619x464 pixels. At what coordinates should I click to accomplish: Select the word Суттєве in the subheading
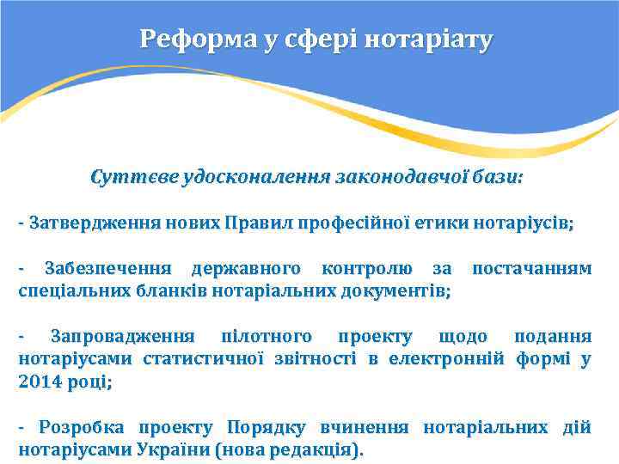click(133, 178)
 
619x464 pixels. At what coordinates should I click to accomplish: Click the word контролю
click(365, 269)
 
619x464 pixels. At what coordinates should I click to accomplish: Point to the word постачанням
click(532, 269)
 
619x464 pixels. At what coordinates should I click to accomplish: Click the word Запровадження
click(122, 336)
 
